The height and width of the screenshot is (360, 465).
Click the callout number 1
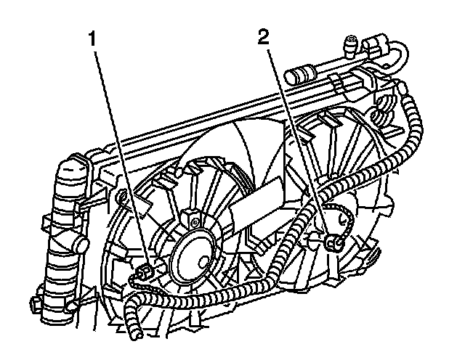(x=94, y=40)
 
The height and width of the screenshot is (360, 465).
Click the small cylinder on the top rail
(x=301, y=74)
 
